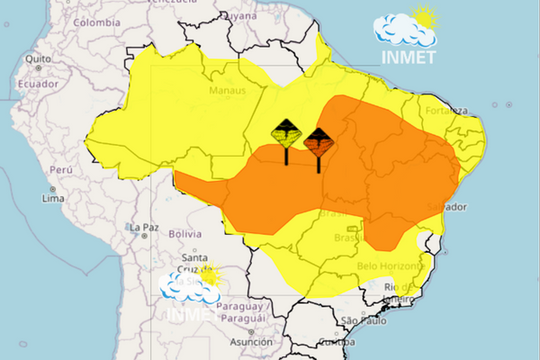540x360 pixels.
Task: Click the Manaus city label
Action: [x=227, y=91]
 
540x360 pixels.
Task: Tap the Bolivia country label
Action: [x=184, y=233]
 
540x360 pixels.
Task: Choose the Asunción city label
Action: [x=251, y=342]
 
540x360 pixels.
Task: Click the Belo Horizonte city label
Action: [x=391, y=266]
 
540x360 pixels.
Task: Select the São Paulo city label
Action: [x=364, y=320]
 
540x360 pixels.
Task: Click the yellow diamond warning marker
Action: [x=286, y=135]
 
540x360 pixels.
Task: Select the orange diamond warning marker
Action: [x=319, y=140]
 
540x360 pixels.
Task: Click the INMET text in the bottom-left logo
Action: [x=188, y=314]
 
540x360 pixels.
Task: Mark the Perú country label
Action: [x=60, y=169]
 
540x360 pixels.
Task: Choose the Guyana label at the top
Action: [x=238, y=15]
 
